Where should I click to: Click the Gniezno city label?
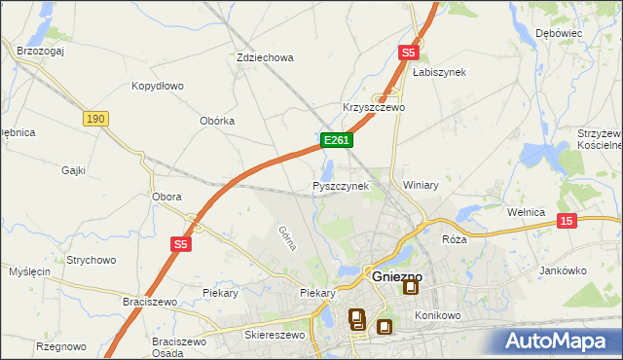coord(396,276)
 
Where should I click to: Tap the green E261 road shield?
coord(336,141)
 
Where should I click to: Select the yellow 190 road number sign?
coord(94,119)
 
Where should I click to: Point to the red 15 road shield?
coord(568,222)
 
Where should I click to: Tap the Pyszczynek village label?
coord(341,185)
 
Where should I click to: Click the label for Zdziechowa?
coord(265,57)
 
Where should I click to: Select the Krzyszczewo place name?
coord(373,107)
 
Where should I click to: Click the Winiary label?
coord(421,185)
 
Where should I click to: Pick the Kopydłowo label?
coord(158,86)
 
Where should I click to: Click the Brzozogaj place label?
coord(40,51)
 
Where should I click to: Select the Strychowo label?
coord(92,260)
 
